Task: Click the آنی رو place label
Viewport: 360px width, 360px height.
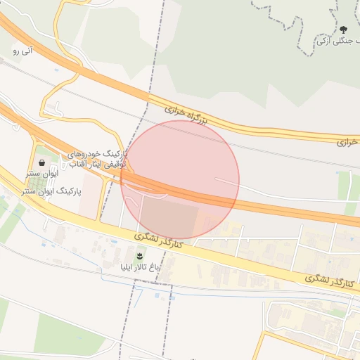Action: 23,50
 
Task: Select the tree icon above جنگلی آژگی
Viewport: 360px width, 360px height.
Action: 343,30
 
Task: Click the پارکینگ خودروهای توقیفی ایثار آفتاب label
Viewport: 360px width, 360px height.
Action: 98,158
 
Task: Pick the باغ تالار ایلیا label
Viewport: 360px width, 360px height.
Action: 139,266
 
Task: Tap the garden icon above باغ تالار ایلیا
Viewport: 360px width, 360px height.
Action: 139,254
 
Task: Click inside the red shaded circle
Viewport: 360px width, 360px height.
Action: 180,180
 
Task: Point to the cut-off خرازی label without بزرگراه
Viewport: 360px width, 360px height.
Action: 348,141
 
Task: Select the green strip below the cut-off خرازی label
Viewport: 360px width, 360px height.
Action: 348,186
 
